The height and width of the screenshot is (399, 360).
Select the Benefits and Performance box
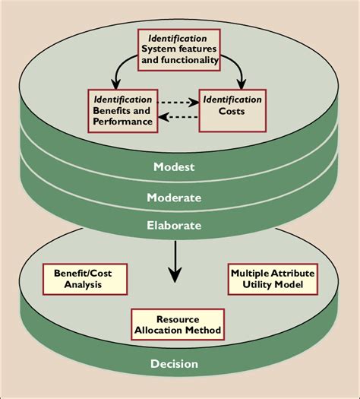click(122, 109)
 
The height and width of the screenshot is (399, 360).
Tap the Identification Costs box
click(232, 109)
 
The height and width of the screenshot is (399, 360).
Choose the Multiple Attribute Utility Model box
click(272, 279)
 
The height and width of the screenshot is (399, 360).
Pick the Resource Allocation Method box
click(178, 324)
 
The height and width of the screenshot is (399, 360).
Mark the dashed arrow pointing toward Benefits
click(178, 117)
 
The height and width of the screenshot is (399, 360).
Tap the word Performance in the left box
click(122, 121)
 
